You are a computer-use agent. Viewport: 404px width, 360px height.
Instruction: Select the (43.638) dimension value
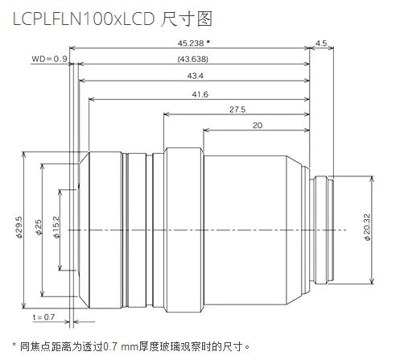(191, 59)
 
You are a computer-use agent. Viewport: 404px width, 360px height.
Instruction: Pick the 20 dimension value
(257, 126)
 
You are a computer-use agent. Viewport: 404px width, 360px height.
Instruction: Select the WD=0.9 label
(49, 59)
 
